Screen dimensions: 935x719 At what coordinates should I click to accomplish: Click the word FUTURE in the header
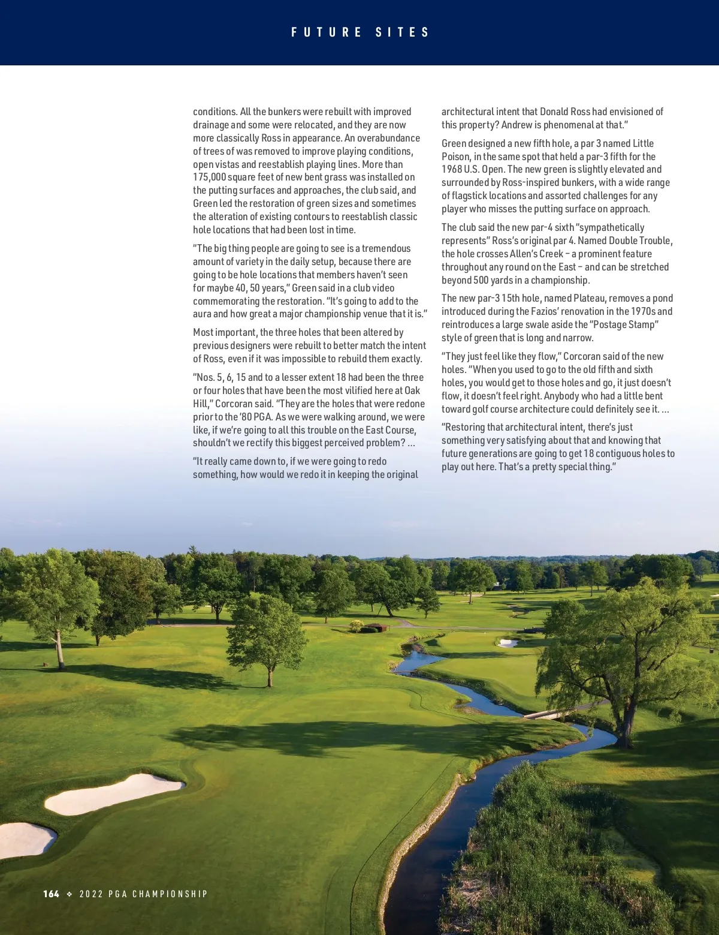click(x=327, y=32)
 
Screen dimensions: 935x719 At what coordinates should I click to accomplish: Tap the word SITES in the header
click(x=403, y=32)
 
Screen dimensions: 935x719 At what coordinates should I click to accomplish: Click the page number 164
click(x=52, y=894)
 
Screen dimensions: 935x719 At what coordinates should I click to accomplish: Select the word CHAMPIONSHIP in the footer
click(x=170, y=894)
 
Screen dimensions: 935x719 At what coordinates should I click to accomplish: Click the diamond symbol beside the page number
click(x=70, y=894)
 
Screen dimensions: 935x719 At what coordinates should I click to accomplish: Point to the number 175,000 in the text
click(x=209, y=178)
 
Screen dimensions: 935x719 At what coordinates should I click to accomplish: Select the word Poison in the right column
click(x=456, y=157)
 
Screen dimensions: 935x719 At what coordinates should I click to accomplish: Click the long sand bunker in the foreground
click(x=114, y=793)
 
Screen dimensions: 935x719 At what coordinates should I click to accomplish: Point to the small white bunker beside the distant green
click(x=507, y=643)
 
